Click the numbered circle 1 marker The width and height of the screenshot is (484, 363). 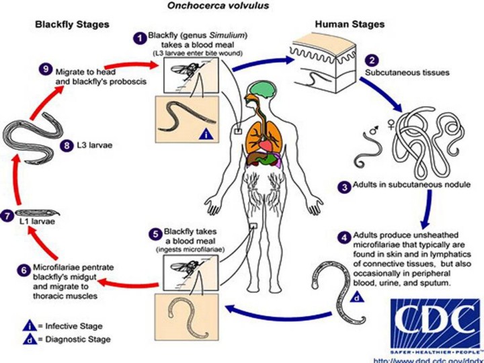point(141,38)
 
